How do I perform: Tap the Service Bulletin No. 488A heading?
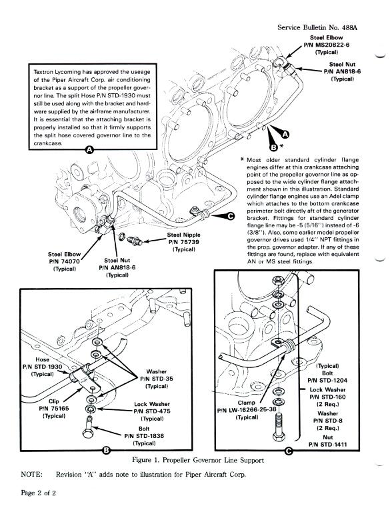(317, 27)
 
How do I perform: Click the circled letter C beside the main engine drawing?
(231, 216)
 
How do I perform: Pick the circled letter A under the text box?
(89, 150)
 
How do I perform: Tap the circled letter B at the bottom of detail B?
(107, 451)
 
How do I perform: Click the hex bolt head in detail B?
(88, 433)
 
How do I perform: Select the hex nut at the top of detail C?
(278, 280)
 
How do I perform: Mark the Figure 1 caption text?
(198, 461)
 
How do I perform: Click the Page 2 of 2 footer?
(38, 493)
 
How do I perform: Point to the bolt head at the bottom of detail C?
(278, 436)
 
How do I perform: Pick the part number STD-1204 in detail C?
(327, 381)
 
